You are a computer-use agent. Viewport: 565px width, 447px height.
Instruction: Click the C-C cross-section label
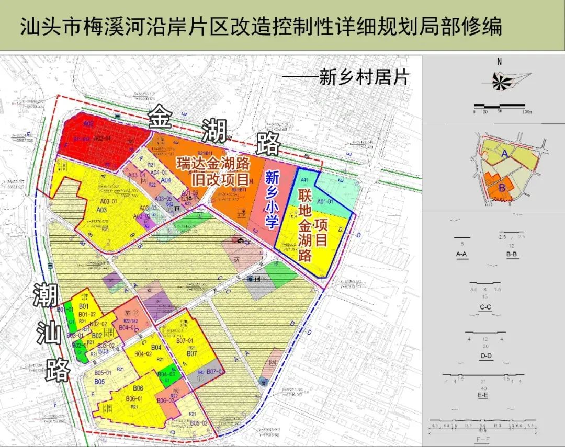[x=485, y=307]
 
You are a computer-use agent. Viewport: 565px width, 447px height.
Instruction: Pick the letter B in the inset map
[x=502, y=187]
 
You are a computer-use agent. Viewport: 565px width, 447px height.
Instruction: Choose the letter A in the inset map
[x=504, y=154]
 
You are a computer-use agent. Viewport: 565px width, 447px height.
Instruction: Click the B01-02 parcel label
[x=87, y=314]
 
